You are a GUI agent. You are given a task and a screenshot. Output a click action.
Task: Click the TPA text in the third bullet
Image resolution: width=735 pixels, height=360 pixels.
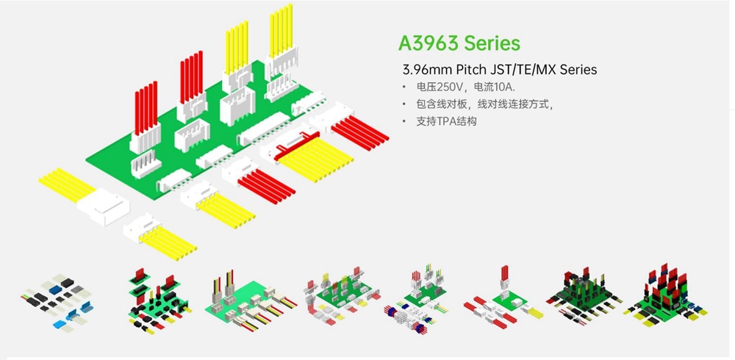coord(447,121)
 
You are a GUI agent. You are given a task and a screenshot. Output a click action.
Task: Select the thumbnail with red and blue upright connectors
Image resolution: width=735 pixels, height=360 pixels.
coord(664,294)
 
